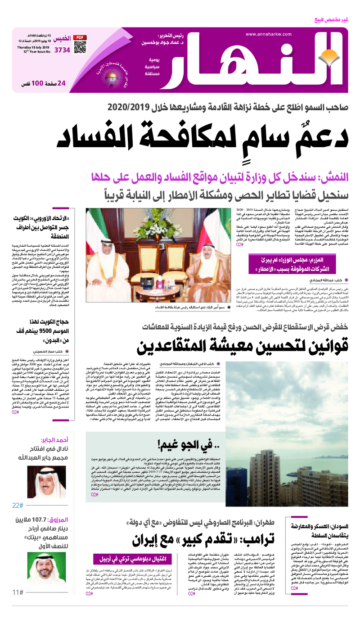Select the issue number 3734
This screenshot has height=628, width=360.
pyautogui.click(x=62, y=50)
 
